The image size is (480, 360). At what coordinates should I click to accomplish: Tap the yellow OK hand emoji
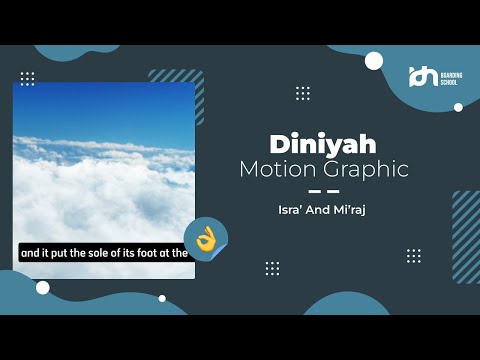click(x=206, y=237)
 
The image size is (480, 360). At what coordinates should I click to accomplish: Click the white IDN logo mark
click(x=424, y=72)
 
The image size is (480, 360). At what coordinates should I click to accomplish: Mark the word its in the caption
click(x=134, y=253)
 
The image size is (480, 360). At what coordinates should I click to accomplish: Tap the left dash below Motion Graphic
click(x=315, y=190)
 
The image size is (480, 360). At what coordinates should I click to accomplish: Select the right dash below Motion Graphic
click(x=333, y=190)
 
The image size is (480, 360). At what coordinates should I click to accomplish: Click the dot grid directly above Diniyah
click(x=303, y=93)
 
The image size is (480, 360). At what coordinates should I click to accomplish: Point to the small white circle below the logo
click(x=458, y=107)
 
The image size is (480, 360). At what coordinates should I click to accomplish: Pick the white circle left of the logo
click(x=374, y=61)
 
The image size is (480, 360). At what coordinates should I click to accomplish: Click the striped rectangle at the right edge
click(x=466, y=223)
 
